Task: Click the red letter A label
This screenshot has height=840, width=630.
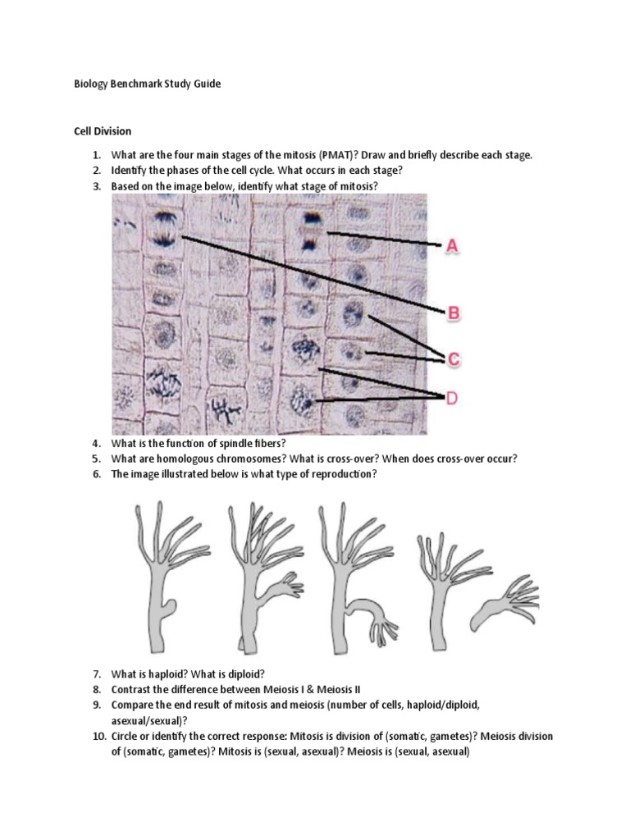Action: [x=450, y=244]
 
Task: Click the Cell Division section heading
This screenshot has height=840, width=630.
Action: [x=103, y=131]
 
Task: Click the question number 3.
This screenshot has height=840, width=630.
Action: [x=96, y=186]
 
